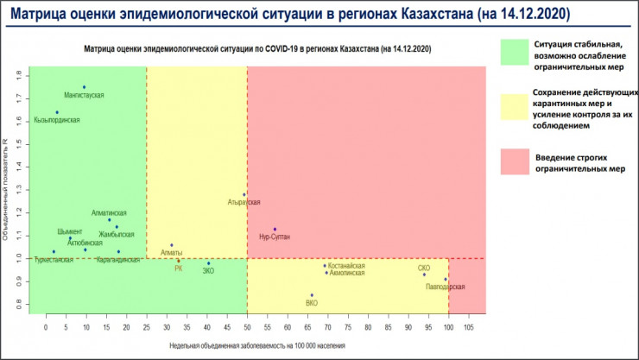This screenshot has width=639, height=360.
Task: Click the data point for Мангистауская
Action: pyautogui.click(x=84, y=87)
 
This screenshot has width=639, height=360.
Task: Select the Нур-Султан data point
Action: pyautogui.click(x=275, y=229)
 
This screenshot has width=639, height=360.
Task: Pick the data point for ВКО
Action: pyautogui.click(x=312, y=295)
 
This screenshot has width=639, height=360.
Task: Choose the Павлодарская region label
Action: pyautogui.click(x=446, y=287)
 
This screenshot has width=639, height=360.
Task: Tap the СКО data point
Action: pyautogui.click(x=424, y=275)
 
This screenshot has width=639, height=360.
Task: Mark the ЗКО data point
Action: pyautogui.click(x=208, y=263)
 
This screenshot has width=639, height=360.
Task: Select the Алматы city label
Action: pyautogui.click(x=172, y=252)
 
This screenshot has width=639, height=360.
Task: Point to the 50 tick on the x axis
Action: pyautogui.click(x=248, y=328)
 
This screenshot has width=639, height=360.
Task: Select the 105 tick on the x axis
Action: pyautogui.click(x=469, y=328)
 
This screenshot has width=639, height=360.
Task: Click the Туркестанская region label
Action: pyautogui.click(x=54, y=259)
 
